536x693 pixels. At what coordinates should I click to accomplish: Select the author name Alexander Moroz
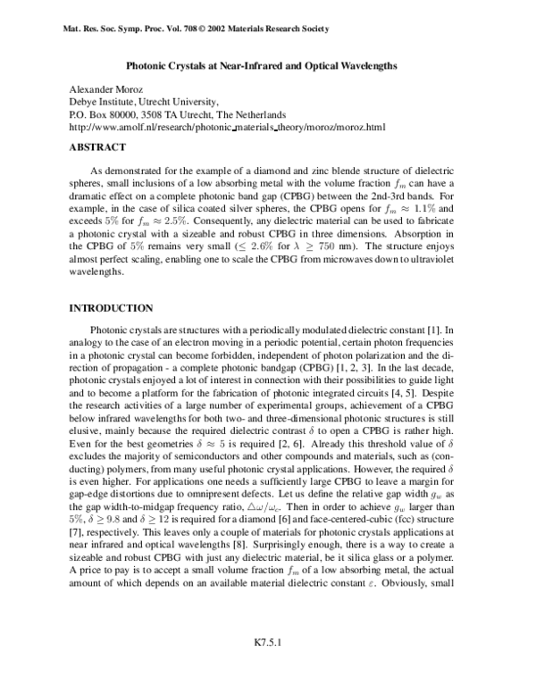pos(105,90)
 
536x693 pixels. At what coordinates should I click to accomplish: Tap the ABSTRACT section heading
pos(97,147)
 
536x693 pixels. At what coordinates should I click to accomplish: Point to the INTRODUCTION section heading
pos(111,308)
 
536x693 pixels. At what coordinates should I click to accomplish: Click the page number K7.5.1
pos(267,665)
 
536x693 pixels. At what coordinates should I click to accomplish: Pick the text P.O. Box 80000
pos(105,115)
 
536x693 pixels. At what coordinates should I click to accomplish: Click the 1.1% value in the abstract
pos(432,208)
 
